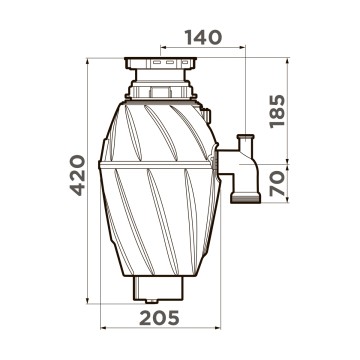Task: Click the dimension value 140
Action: pos(203,37)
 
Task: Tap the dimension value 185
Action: pos(278,111)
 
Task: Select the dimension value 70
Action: pos(278,183)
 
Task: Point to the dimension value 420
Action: pos(78,175)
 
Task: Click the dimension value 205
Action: pos(159,318)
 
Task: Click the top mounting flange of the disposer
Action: pos(160,63)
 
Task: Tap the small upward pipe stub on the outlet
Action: pos(245,142)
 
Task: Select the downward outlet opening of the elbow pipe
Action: pos(245,199)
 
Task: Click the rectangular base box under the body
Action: pos(158,288)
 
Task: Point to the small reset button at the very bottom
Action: pos(151,301)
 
